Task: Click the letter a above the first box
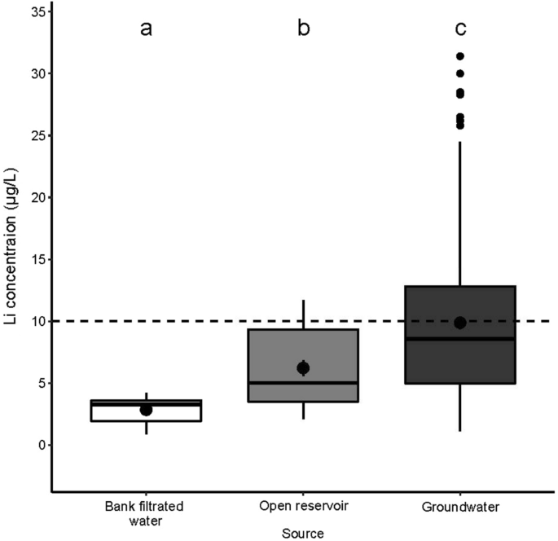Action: (146, 29)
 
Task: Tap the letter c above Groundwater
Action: (460, 29)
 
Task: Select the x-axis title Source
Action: (303, 534)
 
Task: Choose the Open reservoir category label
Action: (303, 506)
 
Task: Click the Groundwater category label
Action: (460, 506)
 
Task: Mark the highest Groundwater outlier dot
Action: (460, 56)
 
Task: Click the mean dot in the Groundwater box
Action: (460, 323)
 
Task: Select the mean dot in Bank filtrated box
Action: (146, 410)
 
